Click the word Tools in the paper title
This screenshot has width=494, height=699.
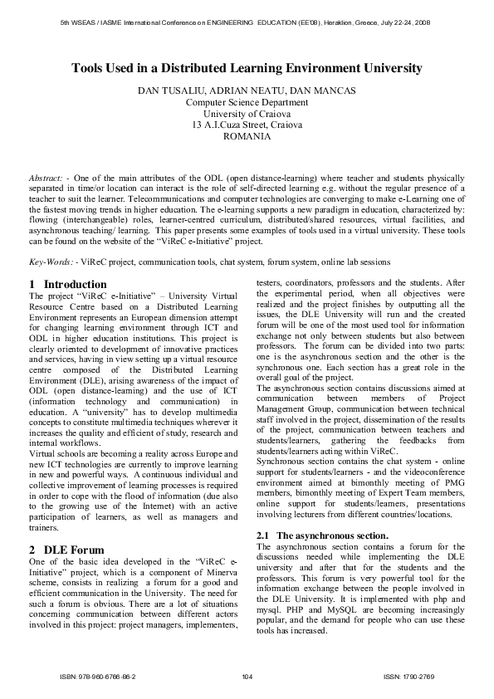pyautogui.click(x=88, y=68)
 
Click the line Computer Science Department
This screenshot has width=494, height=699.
pyautogui.click(x=247, y=102)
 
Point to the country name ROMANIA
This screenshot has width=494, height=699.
pyautogui.click(x=247, y=136)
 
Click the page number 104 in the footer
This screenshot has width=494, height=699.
pyautogui.click(x=247, y=677)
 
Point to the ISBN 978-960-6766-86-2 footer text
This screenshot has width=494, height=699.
pyautogui.click(x=98, y=677)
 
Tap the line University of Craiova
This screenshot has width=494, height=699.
pyautogui.click(x=247, y=114)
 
